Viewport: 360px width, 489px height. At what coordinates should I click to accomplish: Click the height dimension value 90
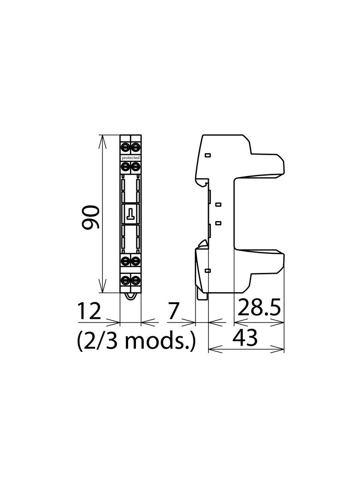click(x=90, y=217)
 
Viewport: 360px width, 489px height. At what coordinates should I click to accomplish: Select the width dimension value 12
click(x=89, y=312)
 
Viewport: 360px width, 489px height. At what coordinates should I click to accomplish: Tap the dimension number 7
click(x=173, y=311)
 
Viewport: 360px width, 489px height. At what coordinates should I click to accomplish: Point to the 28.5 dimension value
click(x=259, y=308)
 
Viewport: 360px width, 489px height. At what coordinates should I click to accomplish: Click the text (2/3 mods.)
click(x=136, y=341)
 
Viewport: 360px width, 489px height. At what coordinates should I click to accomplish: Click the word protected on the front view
click(x=130, y=158)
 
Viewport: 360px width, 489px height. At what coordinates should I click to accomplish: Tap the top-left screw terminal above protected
click(x=126, y=147)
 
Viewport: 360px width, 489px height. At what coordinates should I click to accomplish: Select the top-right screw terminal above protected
click(x=135, y=147)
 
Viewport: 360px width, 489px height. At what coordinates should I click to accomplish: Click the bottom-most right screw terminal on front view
click(x=135, y=279)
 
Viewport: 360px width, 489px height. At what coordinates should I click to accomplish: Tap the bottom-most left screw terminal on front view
click(x=126, y=279)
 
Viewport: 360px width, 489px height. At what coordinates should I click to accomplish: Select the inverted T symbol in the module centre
click(x=131, y=213)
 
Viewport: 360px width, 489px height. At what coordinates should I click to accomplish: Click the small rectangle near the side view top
click(x=208, y=156)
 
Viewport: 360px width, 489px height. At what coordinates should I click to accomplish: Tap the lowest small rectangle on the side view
click(x=208, y=271)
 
